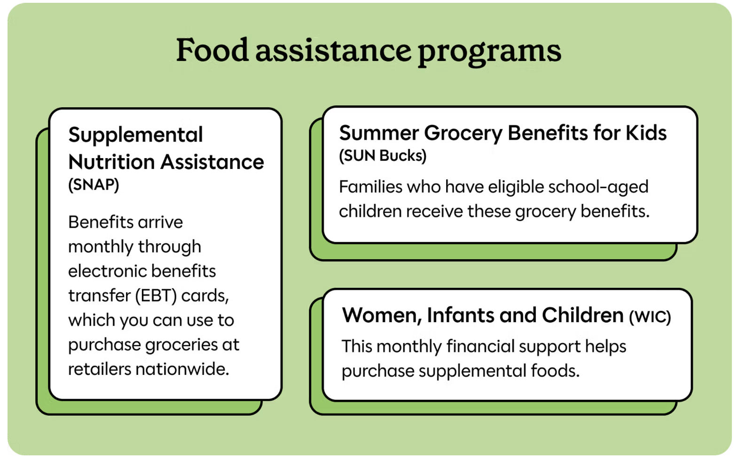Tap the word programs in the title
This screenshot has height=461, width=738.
(490, 53)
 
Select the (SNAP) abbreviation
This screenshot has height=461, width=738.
(94, 185)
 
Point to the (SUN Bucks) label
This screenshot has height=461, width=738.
(383, 156)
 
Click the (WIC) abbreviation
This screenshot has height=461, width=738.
(650, 317)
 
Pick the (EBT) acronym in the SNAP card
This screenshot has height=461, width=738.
(156, 295)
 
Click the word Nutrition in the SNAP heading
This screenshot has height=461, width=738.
(111, 162)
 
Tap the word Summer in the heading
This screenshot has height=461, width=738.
(378, 133)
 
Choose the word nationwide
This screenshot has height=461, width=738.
(182, 369)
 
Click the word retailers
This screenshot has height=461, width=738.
(100, 369)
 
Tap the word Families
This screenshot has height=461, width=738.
(371, 187)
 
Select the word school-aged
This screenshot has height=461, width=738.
(598, 187)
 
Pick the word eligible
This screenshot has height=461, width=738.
(516, 187)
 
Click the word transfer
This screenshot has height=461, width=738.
(100, 295)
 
